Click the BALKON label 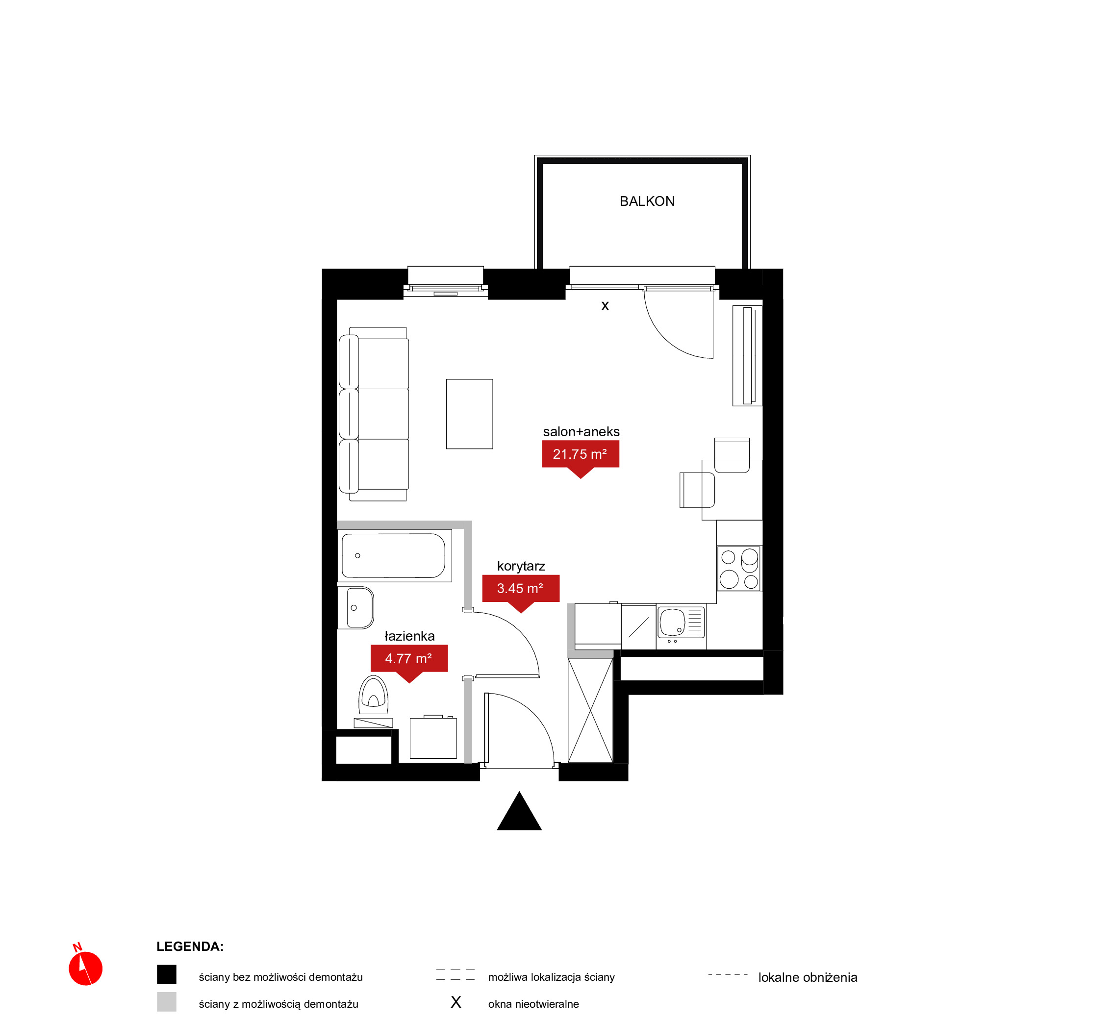click(x=647, y=201)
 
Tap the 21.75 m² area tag click(x=580, y=458)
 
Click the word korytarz click(x=521, y=566)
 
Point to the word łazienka click(x=409, y=636)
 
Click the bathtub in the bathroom click(x=395, y=556)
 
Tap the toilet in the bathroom click(x=374, y=701)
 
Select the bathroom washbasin click(x=355, y=608)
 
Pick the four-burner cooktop click(x=739, y=569)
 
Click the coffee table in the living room click(x=469, y=414)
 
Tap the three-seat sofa click(x=374, y=414)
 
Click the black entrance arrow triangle click(x=519, y=812)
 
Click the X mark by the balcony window click(x=605, y=306)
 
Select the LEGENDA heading click(x=190, y=946)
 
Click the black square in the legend click(x=166, y=974)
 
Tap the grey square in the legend click(x=166, y=1002)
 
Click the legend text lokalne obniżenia click(x=808, y=977)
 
